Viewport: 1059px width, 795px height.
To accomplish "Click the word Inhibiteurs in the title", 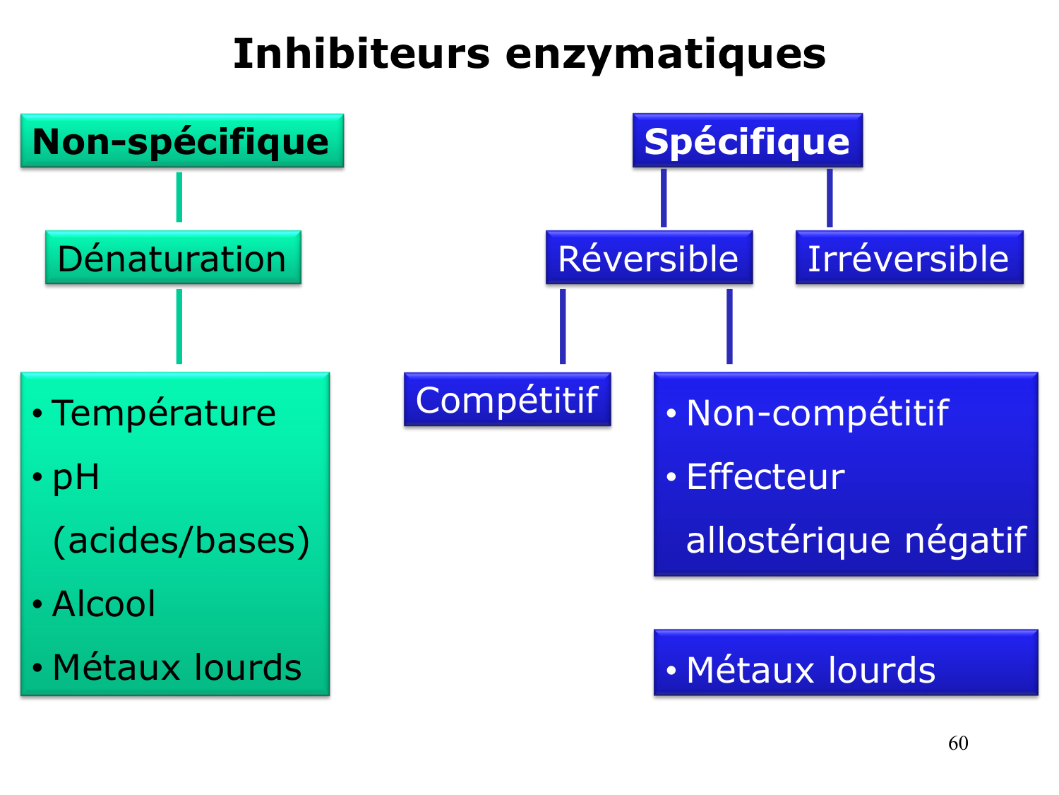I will point(361,54).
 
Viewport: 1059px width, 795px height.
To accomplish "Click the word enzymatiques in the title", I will point(665,55).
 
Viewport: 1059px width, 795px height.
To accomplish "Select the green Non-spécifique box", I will point(182,141).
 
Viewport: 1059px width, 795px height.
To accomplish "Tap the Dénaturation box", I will point(173,258).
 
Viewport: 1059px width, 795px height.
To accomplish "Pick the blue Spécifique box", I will point(747,141).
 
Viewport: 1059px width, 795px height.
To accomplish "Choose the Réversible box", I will point(648,258).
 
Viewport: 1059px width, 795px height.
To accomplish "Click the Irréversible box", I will point(909,258).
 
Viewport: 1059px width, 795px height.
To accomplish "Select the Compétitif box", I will point(507,400).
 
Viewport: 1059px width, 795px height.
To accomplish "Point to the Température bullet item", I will point(164,413).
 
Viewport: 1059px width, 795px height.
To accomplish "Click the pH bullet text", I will point(76,478).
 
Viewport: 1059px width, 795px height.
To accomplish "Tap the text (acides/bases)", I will point(181,541).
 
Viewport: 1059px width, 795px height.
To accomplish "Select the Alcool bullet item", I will point(104,604).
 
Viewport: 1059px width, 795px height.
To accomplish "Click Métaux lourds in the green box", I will point(176,668).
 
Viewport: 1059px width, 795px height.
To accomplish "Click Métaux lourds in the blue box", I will point(810,670).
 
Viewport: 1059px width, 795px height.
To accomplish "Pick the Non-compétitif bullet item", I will point(817,413).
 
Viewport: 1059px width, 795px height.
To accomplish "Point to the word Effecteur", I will point(765,477).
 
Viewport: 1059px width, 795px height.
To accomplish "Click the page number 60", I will point(958,743).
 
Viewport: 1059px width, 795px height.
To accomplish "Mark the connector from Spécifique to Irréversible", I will point(830,198).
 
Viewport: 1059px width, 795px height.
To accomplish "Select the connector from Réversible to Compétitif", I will point(563,326).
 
